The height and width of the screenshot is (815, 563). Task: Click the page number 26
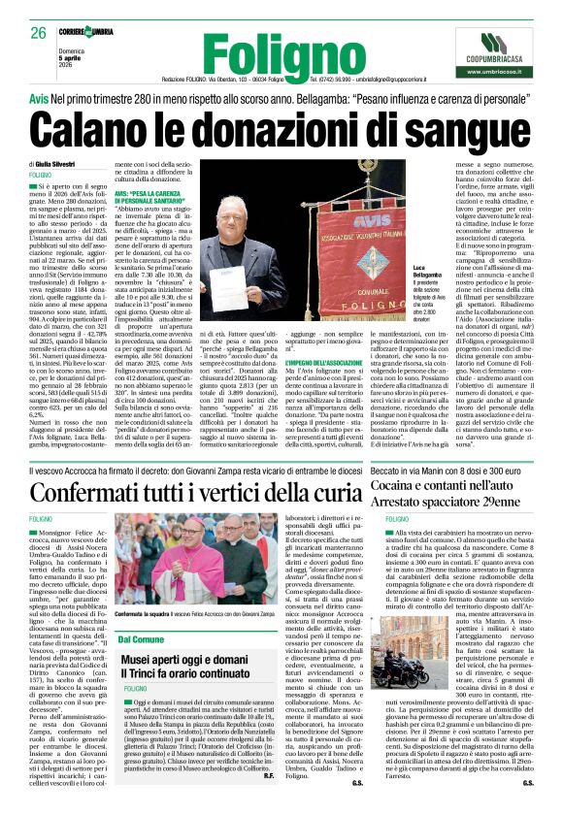(x=39, y=33)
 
